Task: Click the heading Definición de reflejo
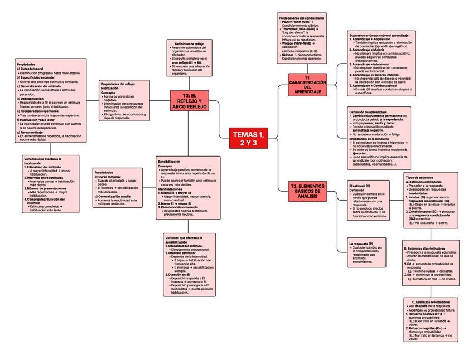(189, 43)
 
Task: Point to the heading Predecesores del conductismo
(301, 18)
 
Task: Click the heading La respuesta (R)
(361, 244)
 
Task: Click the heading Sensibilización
(169, 161)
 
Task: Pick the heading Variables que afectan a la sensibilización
(184, 240)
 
